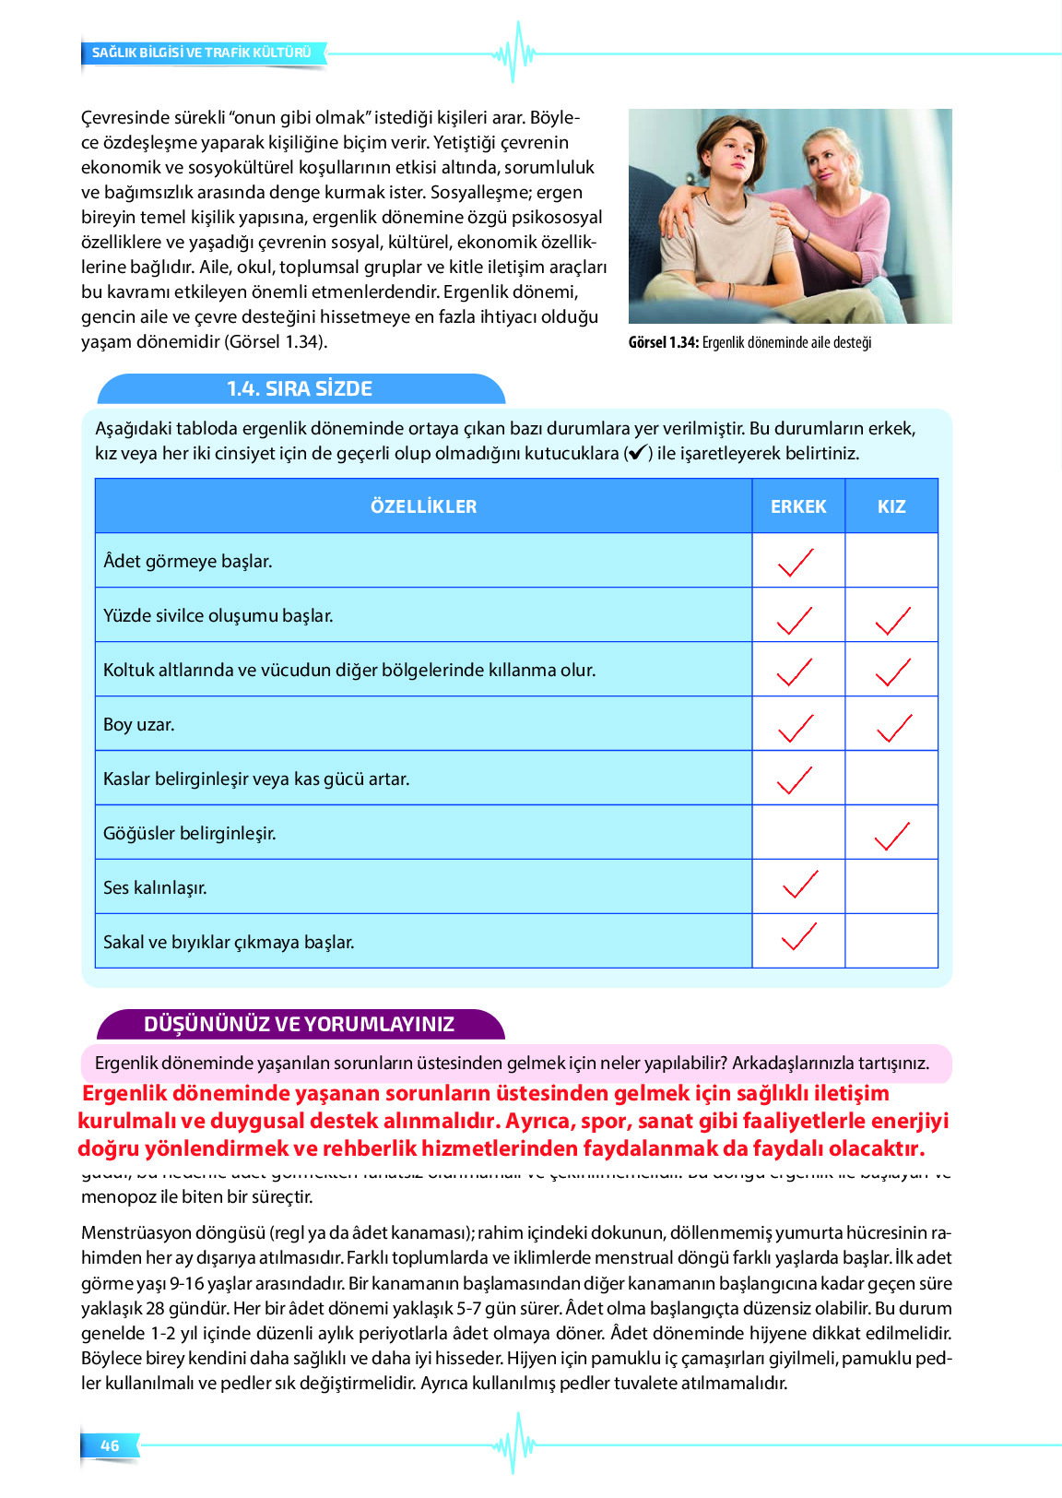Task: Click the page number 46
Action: [x=110, y=1445]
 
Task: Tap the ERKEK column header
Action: [x=798, y=506]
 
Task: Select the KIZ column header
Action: [x=891, y=506]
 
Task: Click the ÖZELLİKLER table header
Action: [x=423, y=506]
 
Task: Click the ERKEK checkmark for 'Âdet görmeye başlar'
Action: [x=796, y=562]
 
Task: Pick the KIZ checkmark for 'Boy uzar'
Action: [x=893, y=728]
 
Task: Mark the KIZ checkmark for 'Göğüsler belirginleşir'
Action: [x=891, y=836]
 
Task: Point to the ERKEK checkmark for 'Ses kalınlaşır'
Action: [x=799, y=884]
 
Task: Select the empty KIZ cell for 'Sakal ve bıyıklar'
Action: [x=891, y=941]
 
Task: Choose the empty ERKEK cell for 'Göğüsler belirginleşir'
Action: [x=798, y=833]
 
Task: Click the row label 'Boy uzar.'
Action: [x=139, y=725]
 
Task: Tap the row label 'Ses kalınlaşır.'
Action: [x=155, y=888]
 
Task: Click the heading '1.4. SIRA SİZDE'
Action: [x=300, y=389]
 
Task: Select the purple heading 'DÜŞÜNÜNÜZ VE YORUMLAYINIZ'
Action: [x=299, y=1025]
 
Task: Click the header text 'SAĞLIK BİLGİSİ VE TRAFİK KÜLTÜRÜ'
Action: [x=202, y=53]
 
